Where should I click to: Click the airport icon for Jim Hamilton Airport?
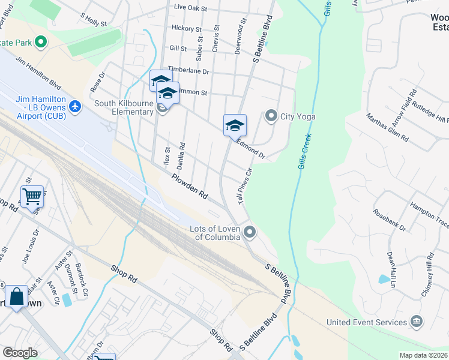pos(75,106)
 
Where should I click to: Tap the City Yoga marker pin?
pos(271,116)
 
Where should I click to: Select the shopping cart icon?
pos(32,196)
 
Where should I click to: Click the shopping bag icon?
pos(16,296)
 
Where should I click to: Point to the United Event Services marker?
pos(416,322)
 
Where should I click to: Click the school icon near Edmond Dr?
pos(235,125)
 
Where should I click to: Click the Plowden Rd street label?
pos(189,187)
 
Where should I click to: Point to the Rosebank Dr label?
pos(389,220)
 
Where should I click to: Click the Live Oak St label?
pos(190,8)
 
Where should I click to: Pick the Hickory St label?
pos(186,28)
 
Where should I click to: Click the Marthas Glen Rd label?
pos(387,128)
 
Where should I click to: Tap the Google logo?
pos(20,353)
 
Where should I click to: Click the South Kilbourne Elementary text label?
pos(124,107)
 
